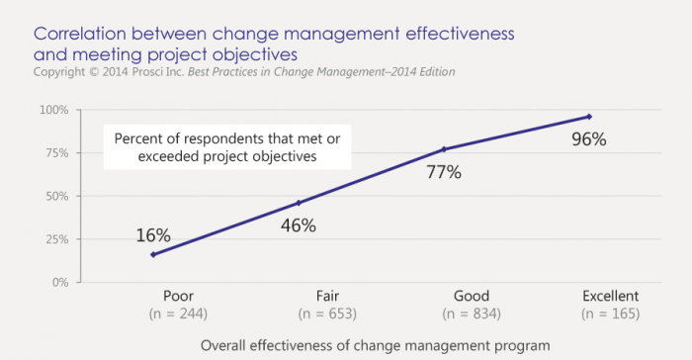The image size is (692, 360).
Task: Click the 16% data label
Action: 153,235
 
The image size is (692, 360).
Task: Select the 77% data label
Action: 444,173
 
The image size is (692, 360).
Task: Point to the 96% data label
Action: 589,139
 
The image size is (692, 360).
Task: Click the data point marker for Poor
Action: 153,255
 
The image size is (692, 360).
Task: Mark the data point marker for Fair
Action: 299,203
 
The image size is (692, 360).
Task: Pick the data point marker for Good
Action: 444,149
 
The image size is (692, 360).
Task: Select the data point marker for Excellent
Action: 589,117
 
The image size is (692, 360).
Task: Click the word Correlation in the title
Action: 79,34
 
